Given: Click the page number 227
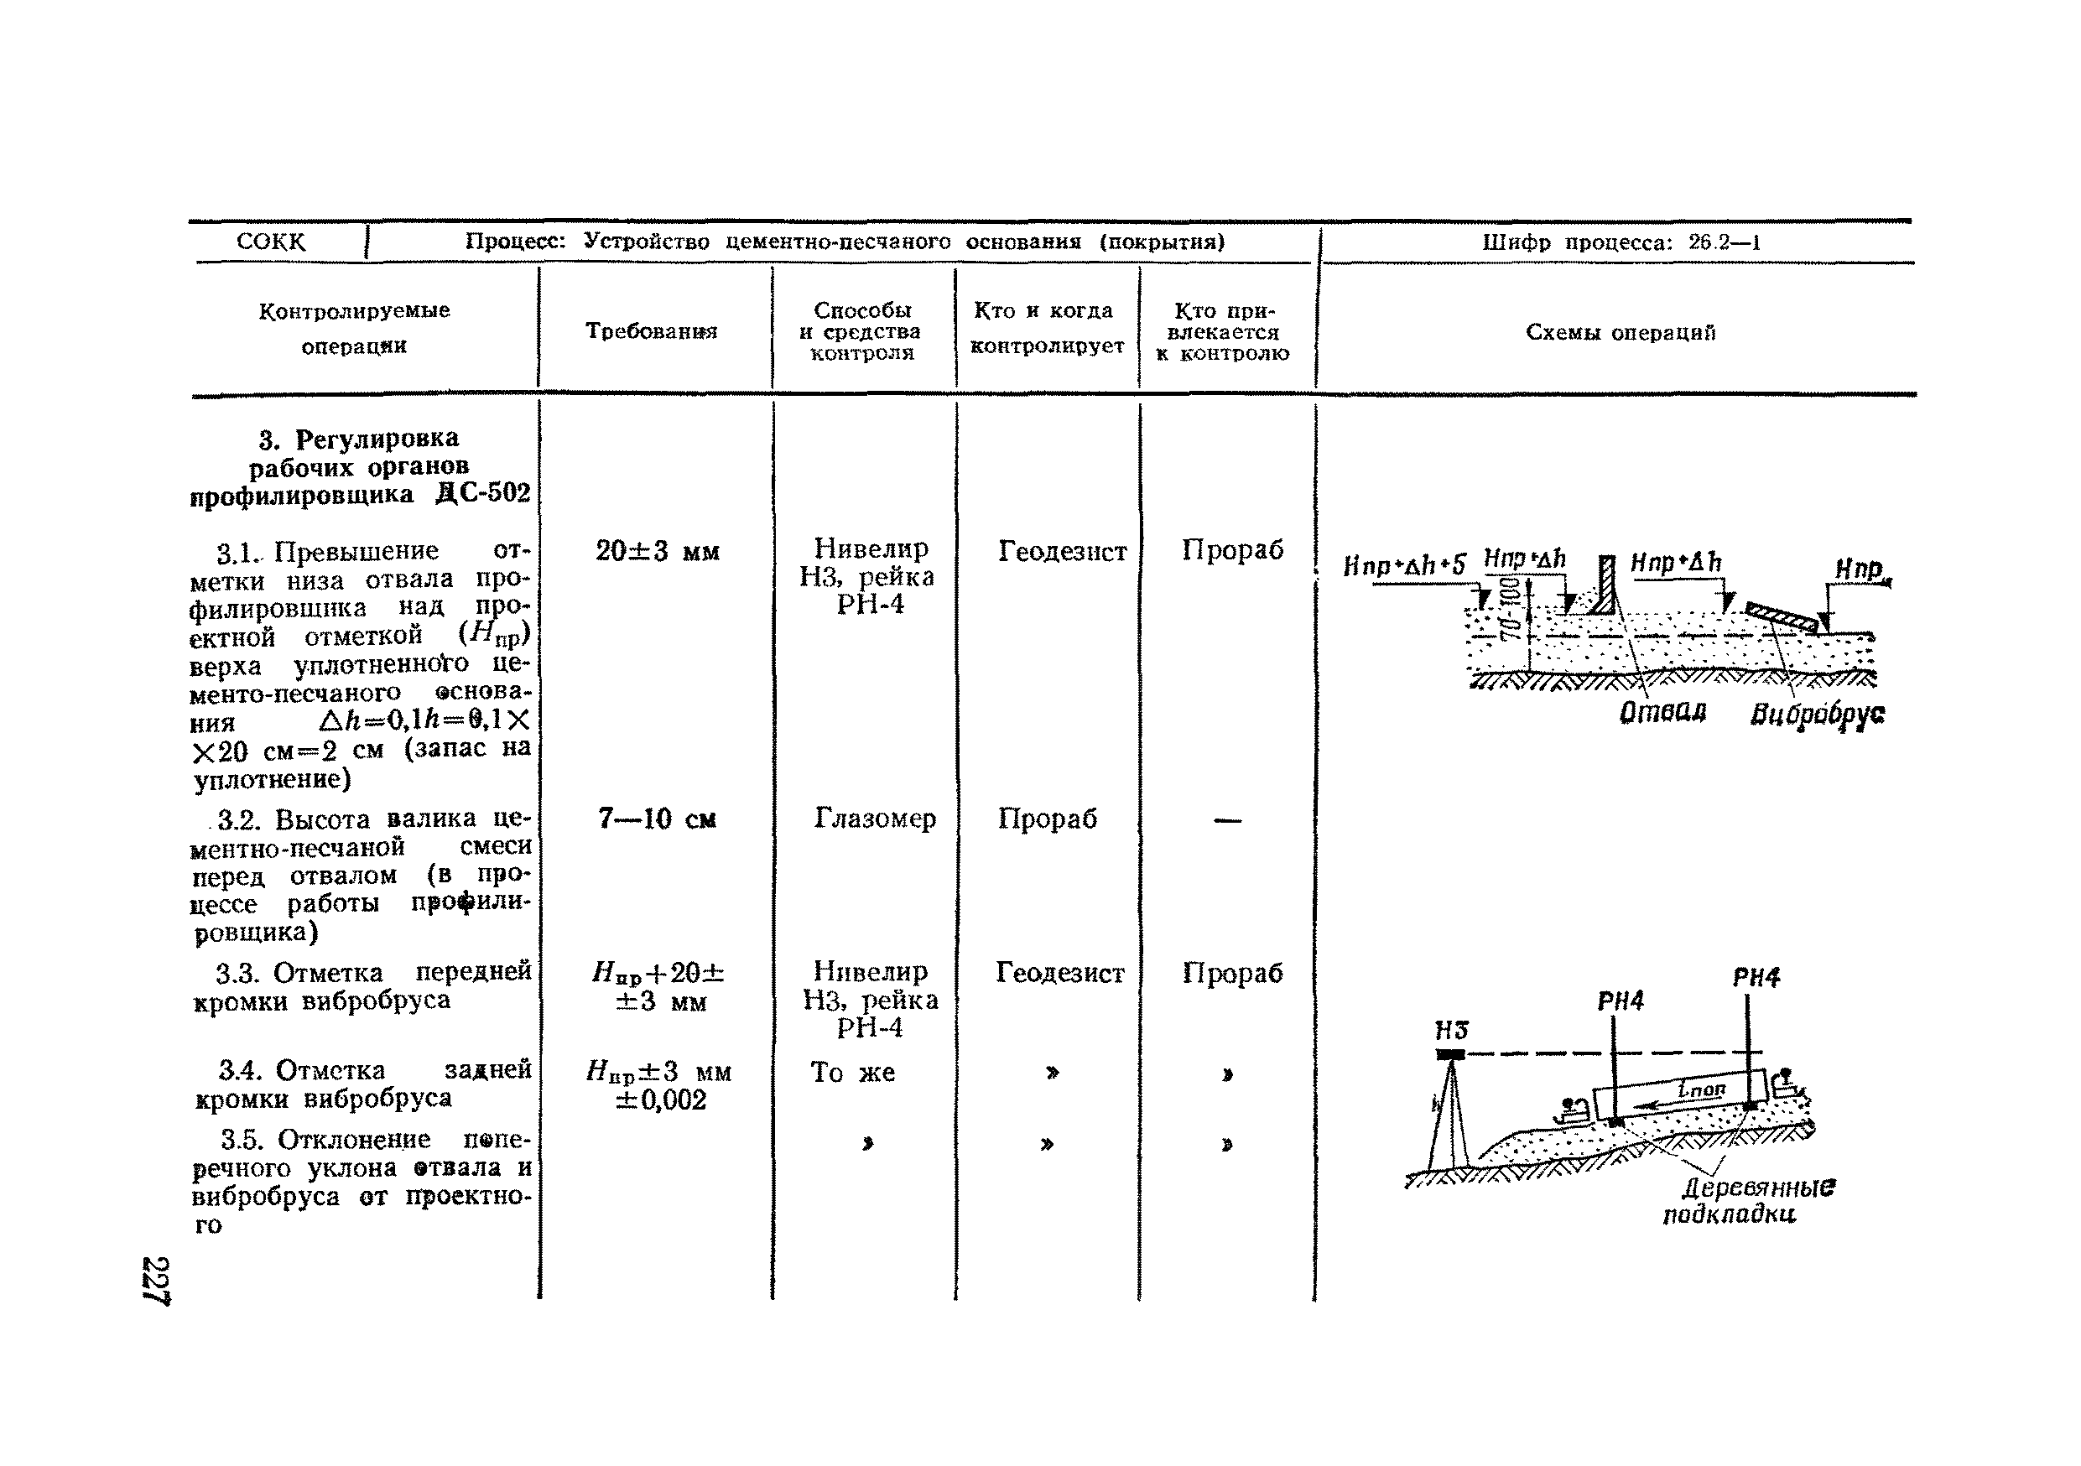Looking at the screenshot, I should click(x=156, y=1281).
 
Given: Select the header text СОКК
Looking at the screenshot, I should click(x=270, y=242).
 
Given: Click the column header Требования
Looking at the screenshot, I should click(x=651, y=330).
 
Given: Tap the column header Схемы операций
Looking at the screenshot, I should click(x=1620, y=332).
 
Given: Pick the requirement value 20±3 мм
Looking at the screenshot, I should click(x=657, y=551).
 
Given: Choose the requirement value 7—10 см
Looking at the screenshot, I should click(x=657, y=819).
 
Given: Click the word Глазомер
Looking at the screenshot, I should click(x=874, y=819).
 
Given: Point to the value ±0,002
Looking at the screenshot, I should click(x=660, y=1100).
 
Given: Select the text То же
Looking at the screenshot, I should click(x=852, y=1073).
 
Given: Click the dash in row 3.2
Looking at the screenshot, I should click(x=1227, y=821).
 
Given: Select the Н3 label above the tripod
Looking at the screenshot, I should click(x=1451, y=1030).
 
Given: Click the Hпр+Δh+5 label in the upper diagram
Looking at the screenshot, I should click(x=1403, y=566).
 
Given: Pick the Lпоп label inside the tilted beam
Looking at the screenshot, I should click(x=1701, y=1090).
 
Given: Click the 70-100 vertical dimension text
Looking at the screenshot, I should click(x=1510, y=609).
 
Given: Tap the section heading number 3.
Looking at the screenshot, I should click(x=267, y=440).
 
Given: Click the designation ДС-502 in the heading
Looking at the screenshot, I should click(x=483, y=494).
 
